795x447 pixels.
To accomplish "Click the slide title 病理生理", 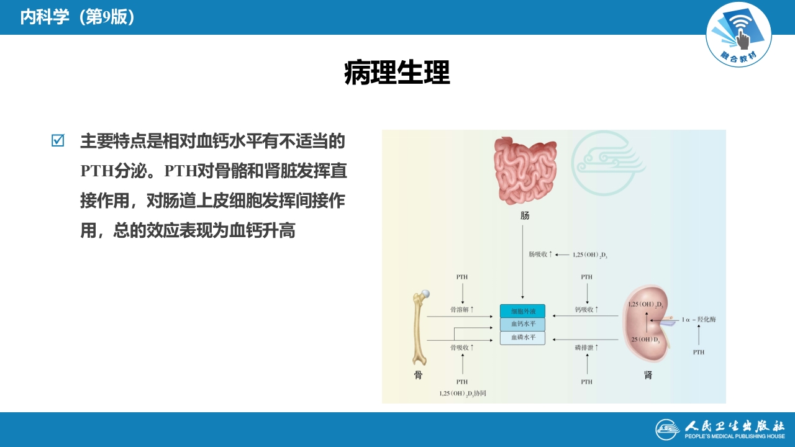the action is point(397,73).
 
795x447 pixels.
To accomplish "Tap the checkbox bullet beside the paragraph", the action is point(58,141).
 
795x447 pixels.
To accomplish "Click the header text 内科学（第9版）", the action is point(78,17).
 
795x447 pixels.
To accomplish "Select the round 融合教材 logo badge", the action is point(738,34).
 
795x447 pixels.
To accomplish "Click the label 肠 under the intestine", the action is point(525,216).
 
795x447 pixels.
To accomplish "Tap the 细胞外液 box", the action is point(522,311).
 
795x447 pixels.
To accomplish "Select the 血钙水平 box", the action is point(522,324).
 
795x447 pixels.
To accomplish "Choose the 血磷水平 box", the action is point(522,338).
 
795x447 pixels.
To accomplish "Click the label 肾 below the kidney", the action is point(648,375).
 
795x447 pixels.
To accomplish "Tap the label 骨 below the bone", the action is point(418,375).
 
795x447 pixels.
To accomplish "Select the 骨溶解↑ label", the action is point(461,309).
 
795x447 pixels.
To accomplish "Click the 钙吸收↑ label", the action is point(586,309).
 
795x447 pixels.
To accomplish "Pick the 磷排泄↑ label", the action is point(586,348).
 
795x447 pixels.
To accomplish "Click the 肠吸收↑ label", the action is point(540,255).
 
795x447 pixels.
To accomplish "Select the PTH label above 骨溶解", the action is point(461,277).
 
